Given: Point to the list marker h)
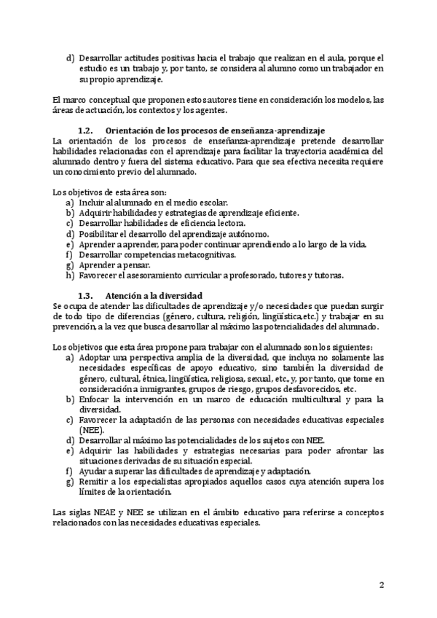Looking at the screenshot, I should pyautogui.click(x=70, y=275).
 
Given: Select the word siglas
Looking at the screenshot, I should pyautogui.click(x=80, y=512).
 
